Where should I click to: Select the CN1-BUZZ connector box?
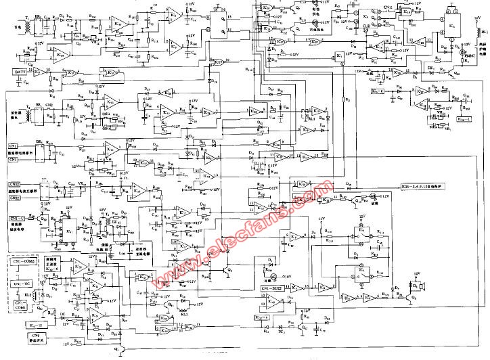coord(272,289)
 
